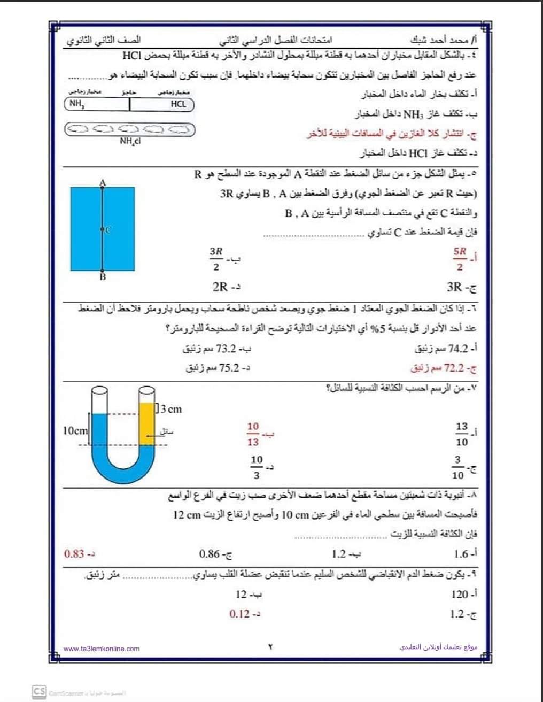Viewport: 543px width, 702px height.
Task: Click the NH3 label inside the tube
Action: click(x=77, y=105)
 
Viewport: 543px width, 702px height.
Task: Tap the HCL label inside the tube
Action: click(x=178, y=104)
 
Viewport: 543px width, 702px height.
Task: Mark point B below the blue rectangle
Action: click(x=103, y=277)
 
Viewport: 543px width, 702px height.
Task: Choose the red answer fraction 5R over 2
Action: click(x=459, y=259)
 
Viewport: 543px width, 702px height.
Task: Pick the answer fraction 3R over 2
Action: click(x=216, y=259)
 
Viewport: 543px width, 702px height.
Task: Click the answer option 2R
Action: click(x=220, y=287)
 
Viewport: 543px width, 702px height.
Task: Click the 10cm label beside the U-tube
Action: click(x=75, y=430)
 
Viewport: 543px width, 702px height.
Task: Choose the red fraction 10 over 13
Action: click(x=253, y=434)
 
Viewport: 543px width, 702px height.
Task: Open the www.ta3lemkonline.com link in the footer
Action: click(x=102, y=649)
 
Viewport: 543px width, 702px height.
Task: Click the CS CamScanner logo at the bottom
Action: click(x=39, y=691)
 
